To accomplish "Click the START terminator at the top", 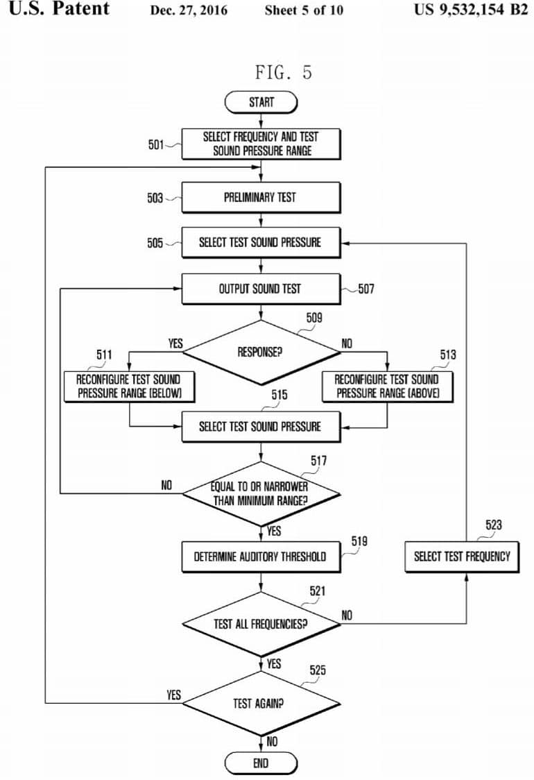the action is tap(261, 103).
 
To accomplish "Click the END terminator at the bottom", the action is tap(261, 763).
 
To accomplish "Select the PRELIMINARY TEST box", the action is tap(261, 198).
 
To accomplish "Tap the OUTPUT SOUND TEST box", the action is tap(261, 289).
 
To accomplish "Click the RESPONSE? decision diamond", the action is tap(261, 353).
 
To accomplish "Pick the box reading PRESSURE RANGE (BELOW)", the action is tap(129, 387).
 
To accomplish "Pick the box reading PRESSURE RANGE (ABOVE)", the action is tap(388, 387).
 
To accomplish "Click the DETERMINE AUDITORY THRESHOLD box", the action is tap(261, 557).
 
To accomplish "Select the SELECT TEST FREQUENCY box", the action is tap(462, 557).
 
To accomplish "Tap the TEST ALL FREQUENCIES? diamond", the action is tap(261, 624).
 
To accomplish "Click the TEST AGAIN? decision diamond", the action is tap(261, 703).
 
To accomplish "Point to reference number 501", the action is tap(155, 145).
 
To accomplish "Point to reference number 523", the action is tap(494, 525).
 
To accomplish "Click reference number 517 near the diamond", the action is tap(319, 461).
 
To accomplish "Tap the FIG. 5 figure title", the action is tap(284, 73).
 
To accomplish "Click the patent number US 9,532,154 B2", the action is tap(471, 10).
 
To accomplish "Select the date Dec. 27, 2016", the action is tap(189, 10).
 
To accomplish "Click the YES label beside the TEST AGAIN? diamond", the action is tap(173, 695).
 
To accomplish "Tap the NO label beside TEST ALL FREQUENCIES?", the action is tap(347, 616).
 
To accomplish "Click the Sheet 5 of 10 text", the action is tap(304, 10).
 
